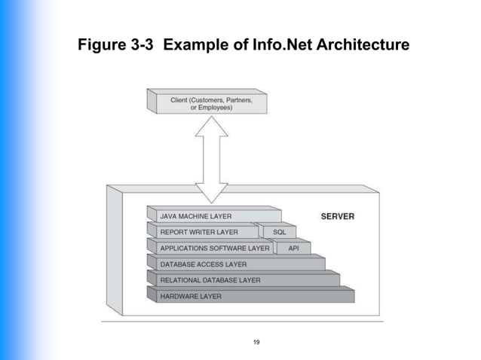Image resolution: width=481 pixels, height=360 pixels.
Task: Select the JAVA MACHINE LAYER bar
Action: [215, 216]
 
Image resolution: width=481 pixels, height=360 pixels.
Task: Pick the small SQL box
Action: [280, 232]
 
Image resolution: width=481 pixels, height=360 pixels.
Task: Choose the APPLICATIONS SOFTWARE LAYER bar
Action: [214, 248]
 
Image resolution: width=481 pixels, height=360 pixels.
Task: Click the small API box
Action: [294, 248]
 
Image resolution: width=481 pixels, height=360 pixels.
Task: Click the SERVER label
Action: [337, 216]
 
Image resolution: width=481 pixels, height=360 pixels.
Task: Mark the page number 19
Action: [257, 343]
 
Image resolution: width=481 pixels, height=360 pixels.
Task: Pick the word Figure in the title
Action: [100, 47]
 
